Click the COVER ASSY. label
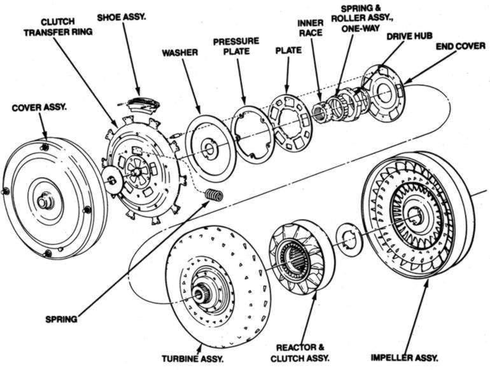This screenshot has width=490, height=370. pyautogui.click(x=38, y=107)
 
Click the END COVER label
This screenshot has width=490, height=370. pyautogui.click(x=458, y=47)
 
